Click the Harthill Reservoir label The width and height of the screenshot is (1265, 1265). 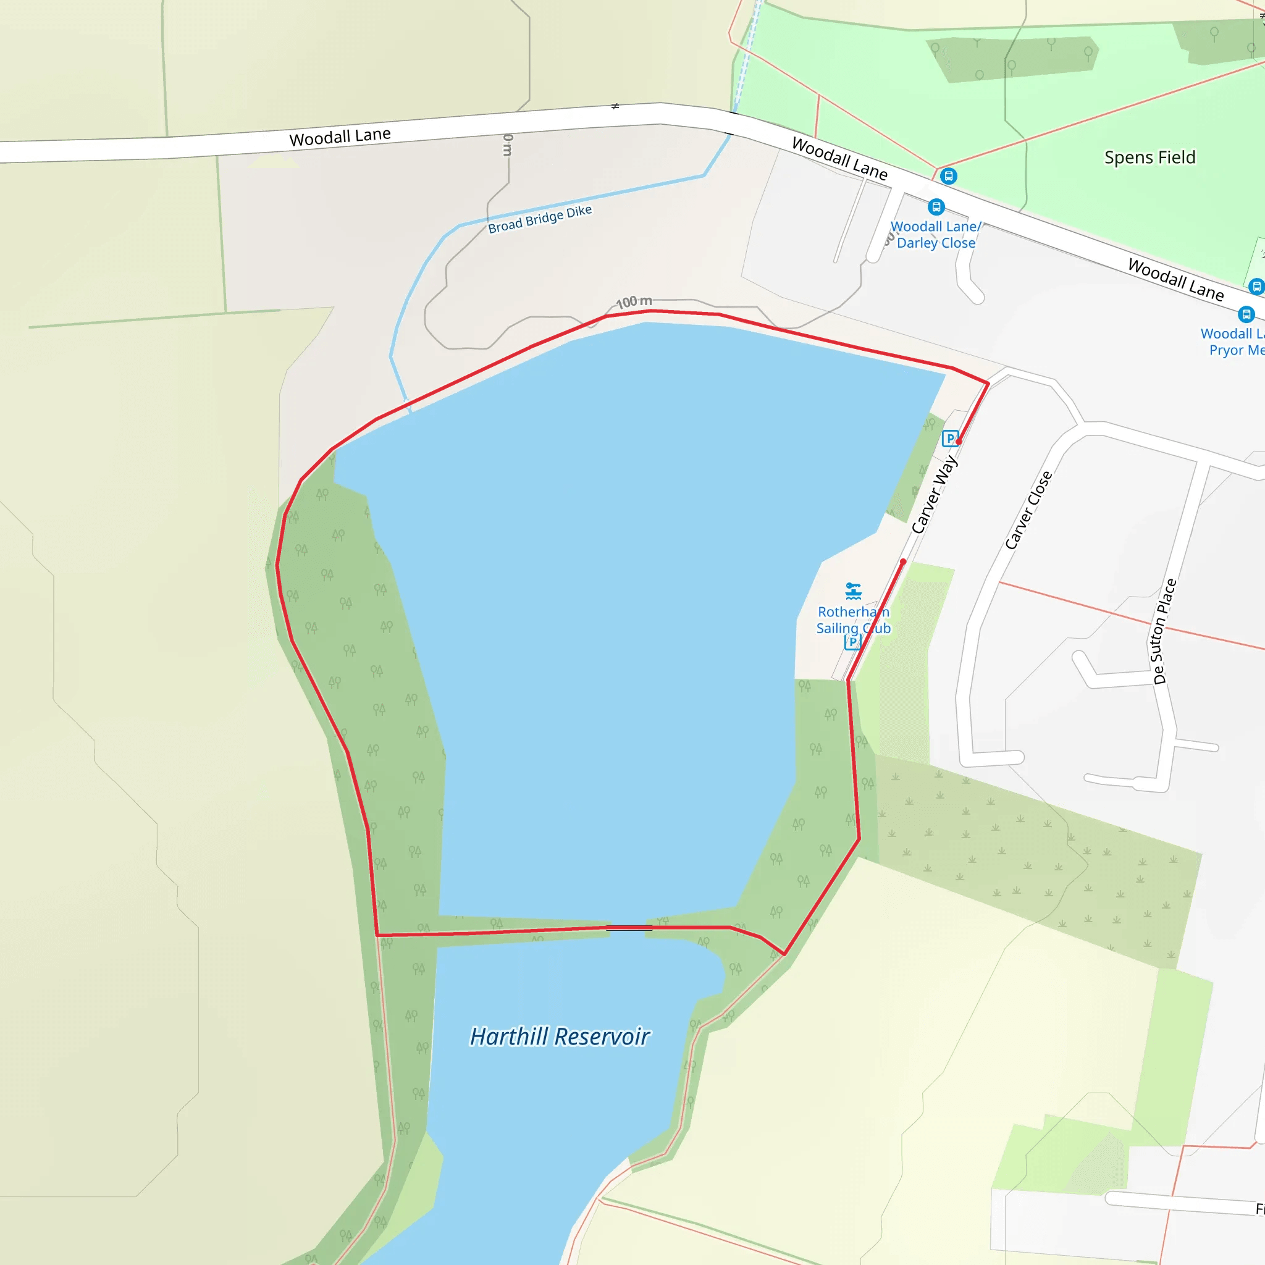[x=559, y=1036]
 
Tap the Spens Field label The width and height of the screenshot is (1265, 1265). [x=1149, y=158]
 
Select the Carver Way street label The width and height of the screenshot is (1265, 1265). [x=935, y=494]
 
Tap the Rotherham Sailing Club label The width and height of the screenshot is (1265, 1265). [x=853, y=620]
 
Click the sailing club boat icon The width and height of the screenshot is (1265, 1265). [x=852, y=591]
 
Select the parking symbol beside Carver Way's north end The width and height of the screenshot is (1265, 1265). [x=949, y=438]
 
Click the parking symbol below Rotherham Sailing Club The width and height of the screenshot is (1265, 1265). [x=852, y=642]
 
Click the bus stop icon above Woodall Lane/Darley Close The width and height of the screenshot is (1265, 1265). [x=936, y=208]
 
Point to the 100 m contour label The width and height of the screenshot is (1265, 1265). [x=634, y=302]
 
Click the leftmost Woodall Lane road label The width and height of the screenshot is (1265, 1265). [x=340, y=137]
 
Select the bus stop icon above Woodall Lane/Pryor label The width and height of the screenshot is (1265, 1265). [x=1246, y=314]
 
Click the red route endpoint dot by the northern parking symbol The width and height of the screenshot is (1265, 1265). [x=959, y=442]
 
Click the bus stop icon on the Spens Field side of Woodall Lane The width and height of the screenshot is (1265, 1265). [x=948, y=176]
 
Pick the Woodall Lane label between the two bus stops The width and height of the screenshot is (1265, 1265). [x=1175, y=280]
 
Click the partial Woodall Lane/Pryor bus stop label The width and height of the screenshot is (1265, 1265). [x=1232, y=342]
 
